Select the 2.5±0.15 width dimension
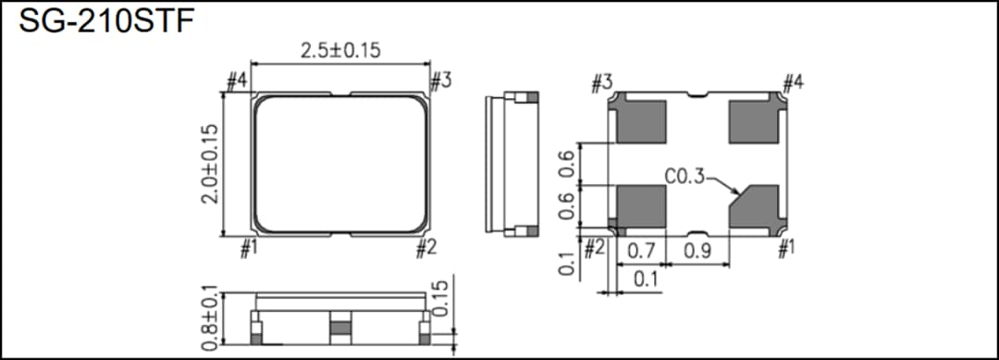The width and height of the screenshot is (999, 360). click(x=340, y=52)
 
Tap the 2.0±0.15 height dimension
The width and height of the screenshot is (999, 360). click(x=212, y=166)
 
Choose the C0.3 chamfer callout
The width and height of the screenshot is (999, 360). click(x=684, y=176)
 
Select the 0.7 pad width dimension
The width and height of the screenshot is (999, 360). click(x=641, y=251)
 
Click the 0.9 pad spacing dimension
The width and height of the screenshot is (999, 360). click(x=697, y=251)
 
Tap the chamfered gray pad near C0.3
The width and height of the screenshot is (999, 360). click(x=754, y=205)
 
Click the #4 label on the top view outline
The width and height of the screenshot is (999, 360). click(x=237, y=81)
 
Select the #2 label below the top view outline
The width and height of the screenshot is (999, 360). click(x=425, y=248)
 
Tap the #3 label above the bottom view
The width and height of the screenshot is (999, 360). click(x=602, y=84)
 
